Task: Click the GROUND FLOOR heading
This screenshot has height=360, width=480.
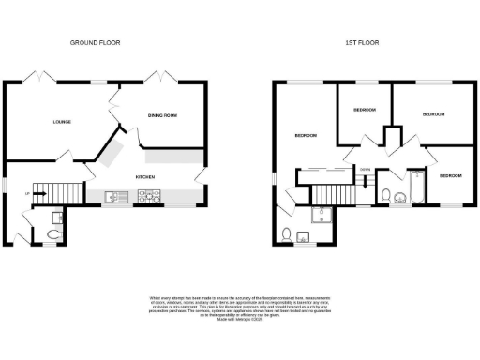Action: click(x=96, y=42)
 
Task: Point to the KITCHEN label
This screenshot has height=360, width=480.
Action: click(x=145, y=176)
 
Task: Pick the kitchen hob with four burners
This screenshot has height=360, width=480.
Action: click(x=149, y=197)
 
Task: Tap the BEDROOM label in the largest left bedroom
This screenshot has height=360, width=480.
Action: click(x=306, y=136)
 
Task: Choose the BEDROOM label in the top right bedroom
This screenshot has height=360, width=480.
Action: click(x=432, y=114)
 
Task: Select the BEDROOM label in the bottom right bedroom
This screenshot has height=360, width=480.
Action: click(x=450, y=175)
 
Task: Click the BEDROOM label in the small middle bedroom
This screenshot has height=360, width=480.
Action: click(x=364, y=110)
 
